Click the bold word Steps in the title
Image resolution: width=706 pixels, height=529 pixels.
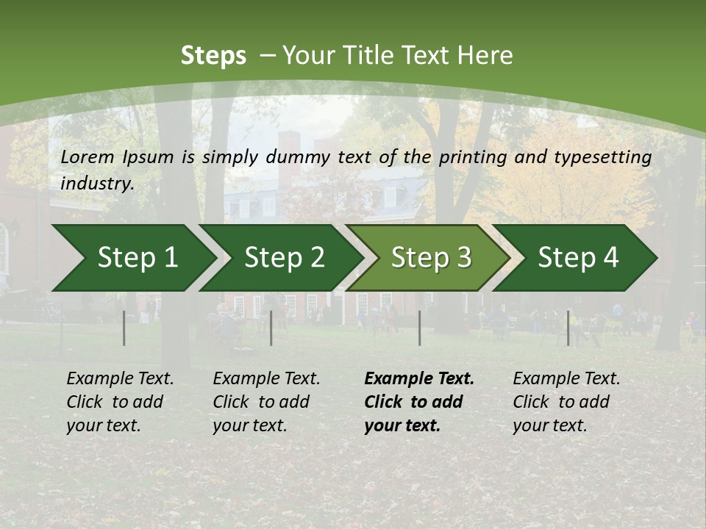pyautogui.click(x=213, y=56)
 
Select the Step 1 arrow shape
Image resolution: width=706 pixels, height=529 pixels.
pyautogui.click(x=132, y=258)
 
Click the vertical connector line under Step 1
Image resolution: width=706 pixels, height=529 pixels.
pyautogui.click(x=124, y=328)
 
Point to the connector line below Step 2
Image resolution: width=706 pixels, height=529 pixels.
pyautogui.click(x=271, y=328)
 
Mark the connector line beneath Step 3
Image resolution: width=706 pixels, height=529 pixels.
pyautogui.click(x=420, y=328)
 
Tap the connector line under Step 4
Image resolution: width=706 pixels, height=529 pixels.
pyautogui.click(x=568, y=328)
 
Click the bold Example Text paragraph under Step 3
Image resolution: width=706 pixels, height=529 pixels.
pyautogui.click(x=419, y=402)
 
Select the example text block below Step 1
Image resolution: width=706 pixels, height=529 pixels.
pyautogui.click(x=120, y=402)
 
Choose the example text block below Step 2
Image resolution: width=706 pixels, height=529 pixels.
pyautogui.click(x=266, y=402)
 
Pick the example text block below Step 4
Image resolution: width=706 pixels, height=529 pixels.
pyautogui.click(x=566, y=402)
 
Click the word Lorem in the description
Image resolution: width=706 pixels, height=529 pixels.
pyautogui.click(x=88, y=156)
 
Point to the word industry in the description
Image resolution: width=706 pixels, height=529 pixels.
pyautogui.click(x=97, y=183)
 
